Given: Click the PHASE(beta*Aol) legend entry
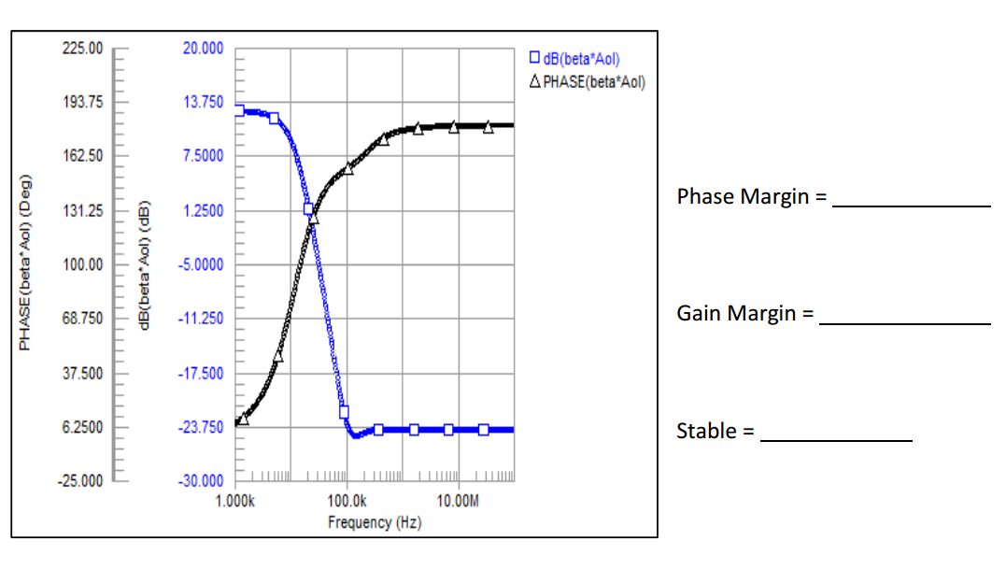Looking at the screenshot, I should (588, 81).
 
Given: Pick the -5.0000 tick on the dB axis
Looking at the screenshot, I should (203, 264).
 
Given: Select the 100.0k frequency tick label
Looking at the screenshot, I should (347, 501).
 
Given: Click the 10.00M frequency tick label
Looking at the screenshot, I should (459, 501).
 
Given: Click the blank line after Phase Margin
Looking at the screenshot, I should (911, 204).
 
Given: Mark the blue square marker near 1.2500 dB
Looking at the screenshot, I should (309, 209).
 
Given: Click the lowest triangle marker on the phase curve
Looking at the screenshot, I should (244, 419).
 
